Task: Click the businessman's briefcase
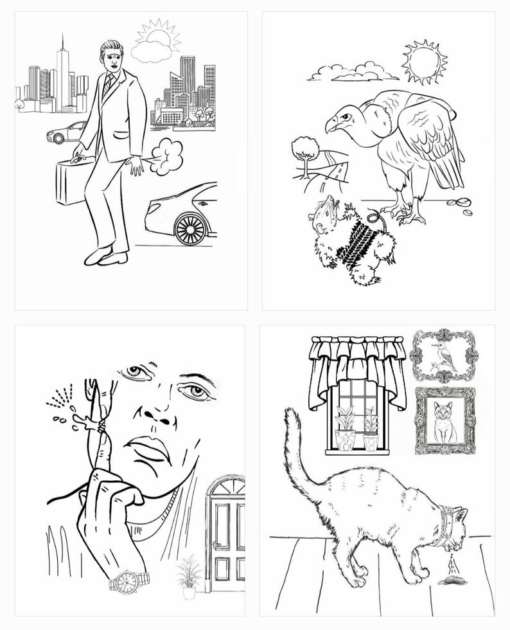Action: pyautogui.click(x=71, y=181)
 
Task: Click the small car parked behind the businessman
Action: pyautogui.click(x=66, y=133)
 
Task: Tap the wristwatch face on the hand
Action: pyautogui.click(x=127, y=583)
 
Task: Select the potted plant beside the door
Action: pyautogui.click(x=188, y=575)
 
